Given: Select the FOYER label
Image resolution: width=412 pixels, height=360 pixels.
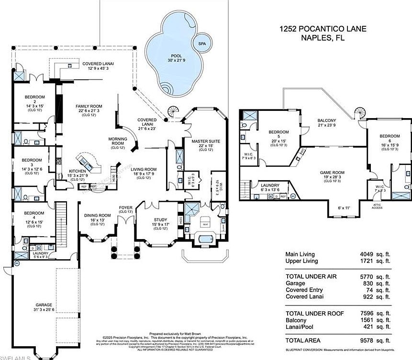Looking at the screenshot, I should pyautogui.click(x=125, y=207).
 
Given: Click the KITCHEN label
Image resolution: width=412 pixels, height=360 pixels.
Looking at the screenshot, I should pyautogui.click(x=77, y=170).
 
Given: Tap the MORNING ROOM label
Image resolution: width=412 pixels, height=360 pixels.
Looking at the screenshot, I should pyautogui.click(x=117, y=142).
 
